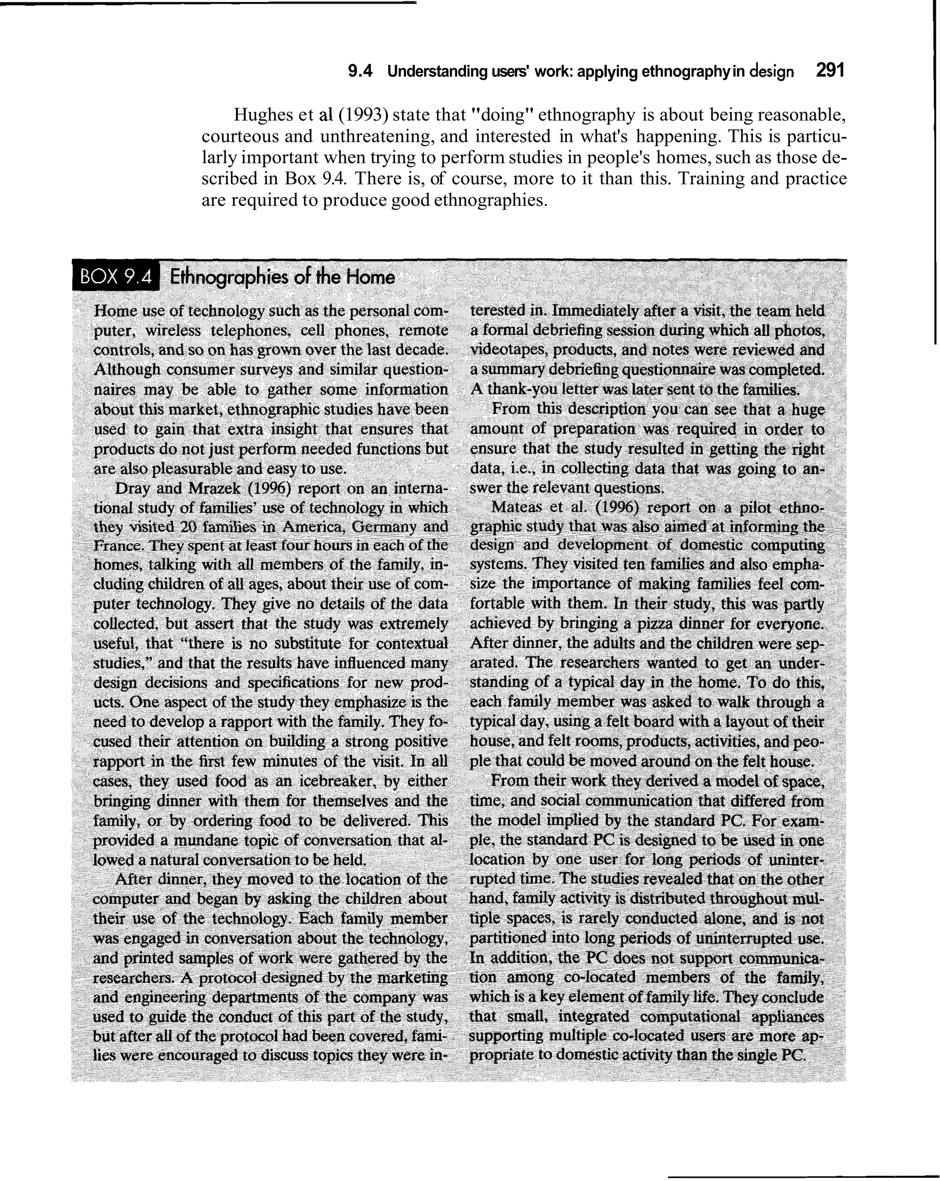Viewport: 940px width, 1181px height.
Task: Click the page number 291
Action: point(830,71)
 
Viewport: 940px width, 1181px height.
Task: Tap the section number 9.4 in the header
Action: point(360,72)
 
